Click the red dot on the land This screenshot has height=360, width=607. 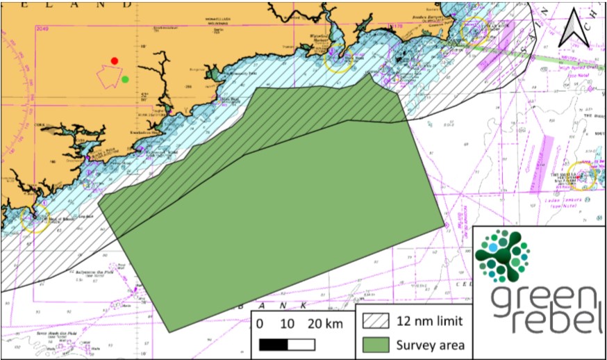click(x=115, y=61)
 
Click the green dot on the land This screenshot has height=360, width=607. click(x=125, y=79)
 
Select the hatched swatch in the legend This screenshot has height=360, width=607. click(x=378, y=322)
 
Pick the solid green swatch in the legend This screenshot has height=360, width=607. click(x=378, y=344)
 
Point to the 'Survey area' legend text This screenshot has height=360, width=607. click(x=430, y=344)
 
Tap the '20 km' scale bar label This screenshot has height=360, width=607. click(x=324, y=324)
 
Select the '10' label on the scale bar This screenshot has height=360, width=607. click(x=288, y=324)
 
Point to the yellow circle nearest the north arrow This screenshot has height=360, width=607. click(x=474, y=31)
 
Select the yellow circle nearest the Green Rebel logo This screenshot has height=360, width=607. click(x=582, y=177)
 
